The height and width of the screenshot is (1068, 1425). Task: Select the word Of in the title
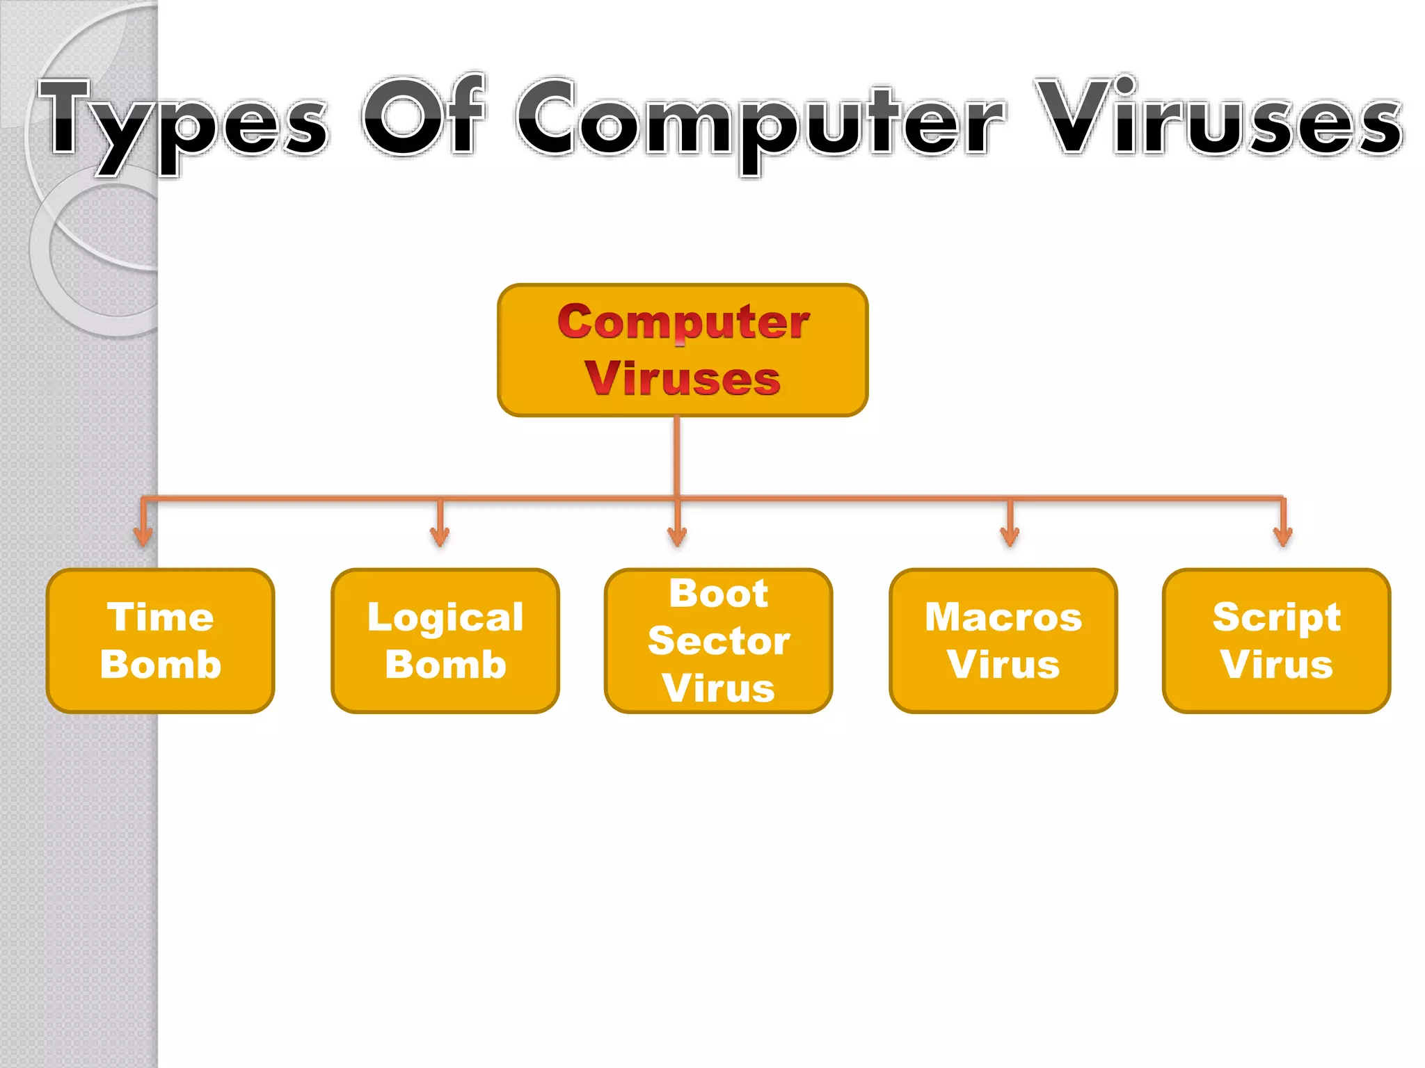(x=423, y=117)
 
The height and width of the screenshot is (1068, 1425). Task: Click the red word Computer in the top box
(x=683, y=323)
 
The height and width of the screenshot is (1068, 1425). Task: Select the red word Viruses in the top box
(x=683, y=379)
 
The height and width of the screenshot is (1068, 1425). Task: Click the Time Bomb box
(x=161, y=640)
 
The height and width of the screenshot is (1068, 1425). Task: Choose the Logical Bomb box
(x=445, y=640)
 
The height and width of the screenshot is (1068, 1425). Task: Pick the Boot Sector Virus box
(x=719, y=640)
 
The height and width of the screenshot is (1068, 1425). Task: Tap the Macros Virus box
(x=1003, y=640)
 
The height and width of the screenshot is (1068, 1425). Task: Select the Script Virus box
(x=1277, y=640)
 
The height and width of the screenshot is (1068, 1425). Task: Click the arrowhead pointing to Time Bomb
(x=143, y=536)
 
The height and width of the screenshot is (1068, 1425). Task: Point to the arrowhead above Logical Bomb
(x=440, y=536)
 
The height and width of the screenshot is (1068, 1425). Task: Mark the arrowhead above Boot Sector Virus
(x=677, y=536)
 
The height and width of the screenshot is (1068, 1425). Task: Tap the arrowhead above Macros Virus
(x=1010, y=536)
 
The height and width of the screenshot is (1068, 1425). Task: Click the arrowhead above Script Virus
(x=1283, y=536)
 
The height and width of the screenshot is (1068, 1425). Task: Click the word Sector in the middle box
(x=719, y=640)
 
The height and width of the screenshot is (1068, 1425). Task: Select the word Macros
(x=1003, y=617)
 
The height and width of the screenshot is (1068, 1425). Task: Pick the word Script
(x=1277, y=617)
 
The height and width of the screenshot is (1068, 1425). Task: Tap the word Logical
(x=445, y=617)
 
